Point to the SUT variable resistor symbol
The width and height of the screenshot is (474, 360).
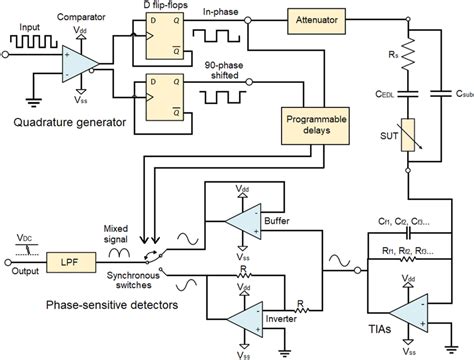coord(407,135)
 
